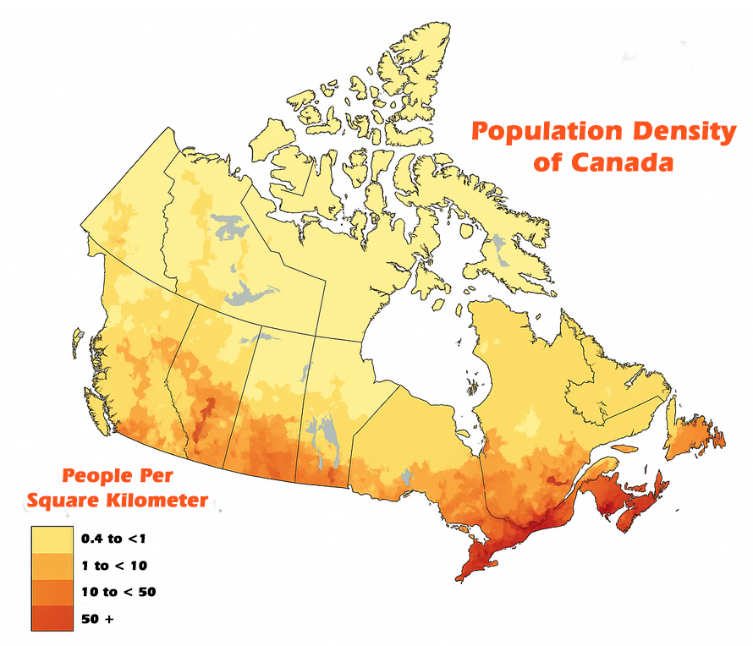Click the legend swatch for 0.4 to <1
tap(52, 538)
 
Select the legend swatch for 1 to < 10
tap(52, 565)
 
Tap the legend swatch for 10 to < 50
tap(52, 592)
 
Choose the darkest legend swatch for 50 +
tap(52, 618)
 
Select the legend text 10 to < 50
tap(118, 592)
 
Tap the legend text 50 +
tap(97, 619)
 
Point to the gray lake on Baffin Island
tap(499, 249)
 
